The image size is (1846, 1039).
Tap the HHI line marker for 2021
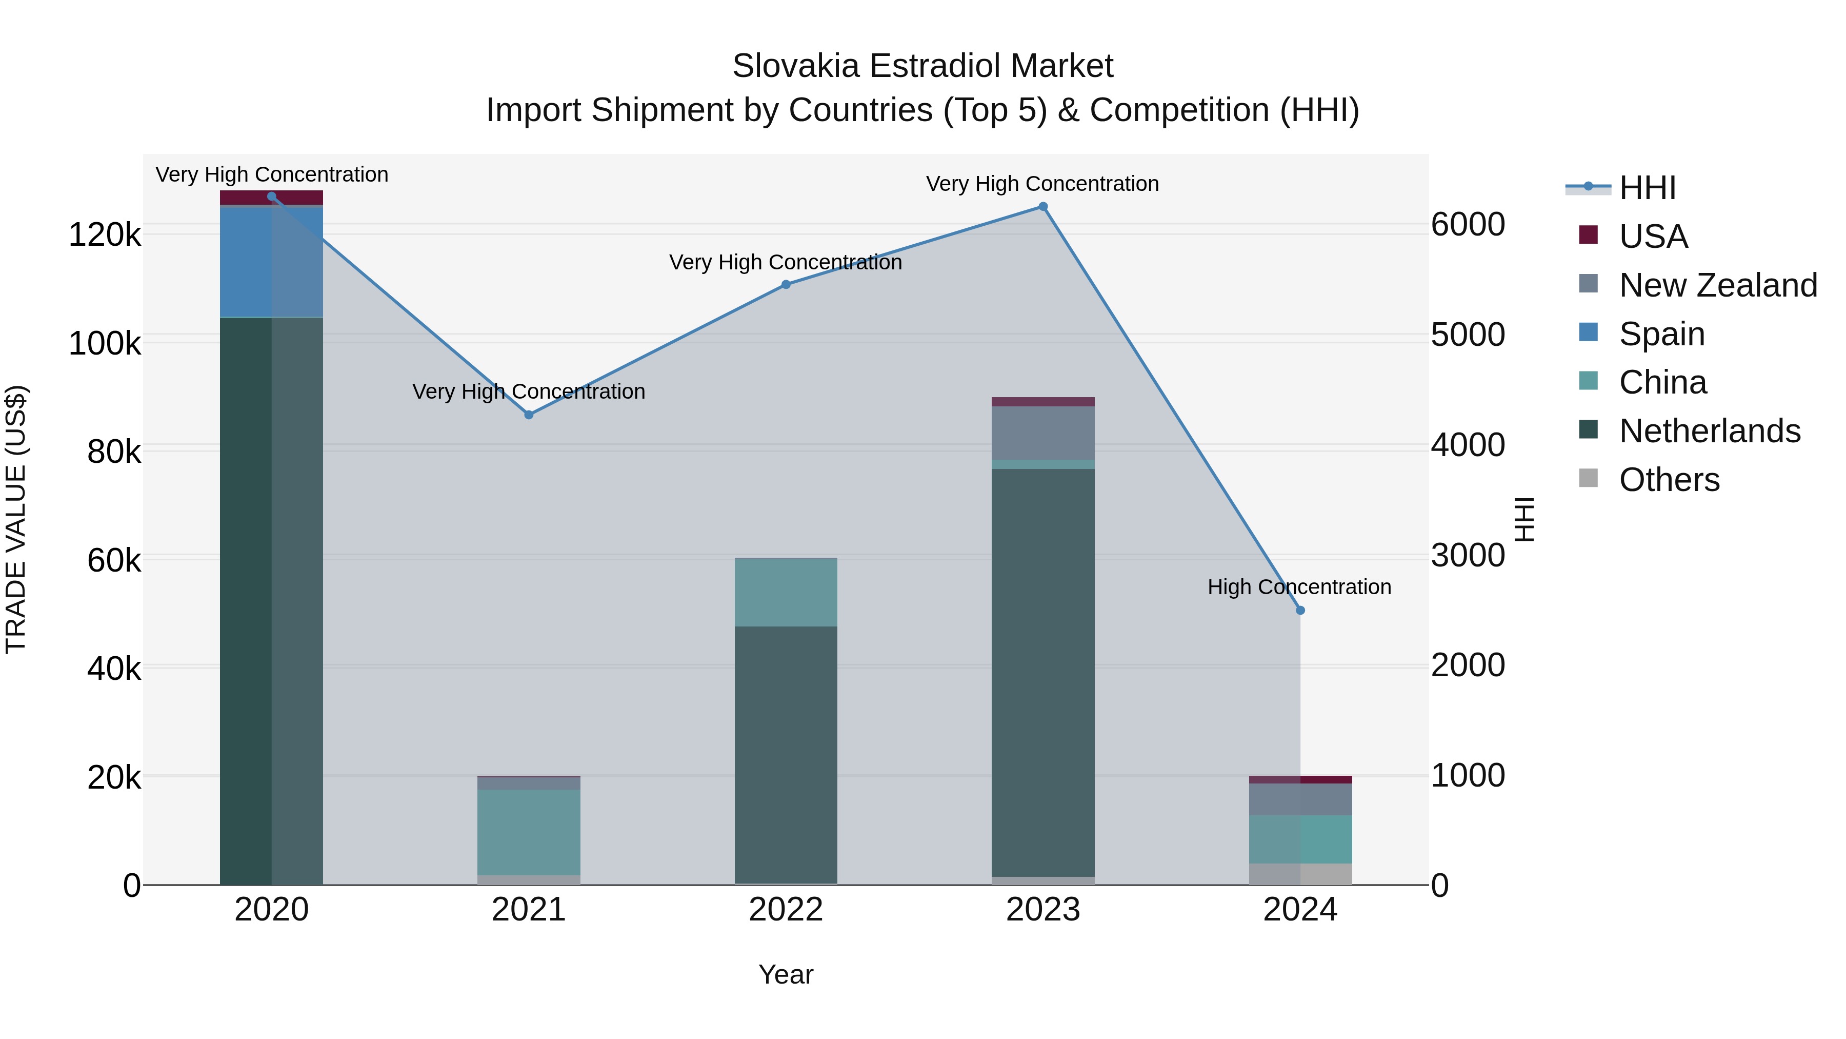coord(529,415)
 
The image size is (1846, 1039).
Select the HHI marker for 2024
coord(1300,610)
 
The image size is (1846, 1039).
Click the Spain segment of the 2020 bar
coord(271,262)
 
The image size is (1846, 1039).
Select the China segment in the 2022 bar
coord(786,592)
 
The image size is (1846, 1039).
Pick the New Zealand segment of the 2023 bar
coord(1042,433)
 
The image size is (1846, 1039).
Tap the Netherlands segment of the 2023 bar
coord(1042,672)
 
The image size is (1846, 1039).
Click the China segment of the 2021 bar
coord(529,832)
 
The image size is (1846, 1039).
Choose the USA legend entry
coord(1653,237)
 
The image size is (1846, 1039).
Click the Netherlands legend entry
coord(1709,431)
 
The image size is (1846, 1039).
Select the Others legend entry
coord(1669,480)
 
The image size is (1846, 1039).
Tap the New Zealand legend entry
coord(1718,285)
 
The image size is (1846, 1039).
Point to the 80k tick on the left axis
coord(113,452)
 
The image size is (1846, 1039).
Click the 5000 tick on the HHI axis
coord(1468,335)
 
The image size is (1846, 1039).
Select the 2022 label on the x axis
coord(786,910)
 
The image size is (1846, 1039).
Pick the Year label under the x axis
coord(786,974)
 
